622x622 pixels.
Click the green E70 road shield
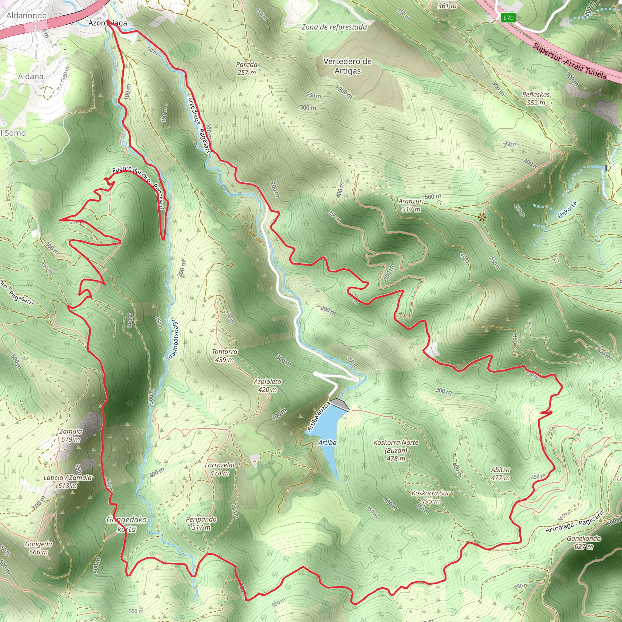[x=508, y=18]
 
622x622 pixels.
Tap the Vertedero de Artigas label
[x=347, y=66]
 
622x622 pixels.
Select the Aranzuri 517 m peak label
[x=411, y=205]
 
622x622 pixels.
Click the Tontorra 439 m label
[x=224, y=355]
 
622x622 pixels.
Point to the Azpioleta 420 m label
[x=267, y=385]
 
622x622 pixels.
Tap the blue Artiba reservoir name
[x=327, y=443]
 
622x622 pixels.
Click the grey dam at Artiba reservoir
[x=339, y=404]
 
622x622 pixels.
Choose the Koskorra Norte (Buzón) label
[x=396, y=450]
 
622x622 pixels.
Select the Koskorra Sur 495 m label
[x=430, y=497]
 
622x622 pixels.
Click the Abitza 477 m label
[x=500, y=473]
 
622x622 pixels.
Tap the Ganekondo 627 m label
[x=584, y=542]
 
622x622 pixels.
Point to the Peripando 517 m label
[x=201, y=523]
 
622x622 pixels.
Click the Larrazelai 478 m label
[x=220, y=469]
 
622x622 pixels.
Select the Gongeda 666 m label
[x=39, y=548]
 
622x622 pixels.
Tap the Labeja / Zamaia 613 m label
[x=68, y=482]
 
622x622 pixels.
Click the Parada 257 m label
[x=247, y=69]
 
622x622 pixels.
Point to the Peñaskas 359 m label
[x=536, y=98]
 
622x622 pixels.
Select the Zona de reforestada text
[x=334, y=27]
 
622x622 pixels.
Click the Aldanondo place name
[x=26, y=15]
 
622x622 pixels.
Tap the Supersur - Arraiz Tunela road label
[x=569, y=61]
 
